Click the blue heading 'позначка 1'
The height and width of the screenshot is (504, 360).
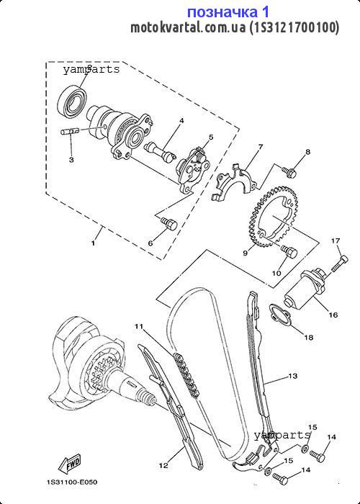point(228,12)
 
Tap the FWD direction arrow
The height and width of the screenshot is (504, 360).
point(69,464)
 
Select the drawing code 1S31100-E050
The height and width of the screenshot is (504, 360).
point(72,482)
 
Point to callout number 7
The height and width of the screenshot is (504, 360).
point(260,147)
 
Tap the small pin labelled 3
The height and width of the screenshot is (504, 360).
point(70,132)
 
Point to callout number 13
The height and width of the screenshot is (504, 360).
point(293,376)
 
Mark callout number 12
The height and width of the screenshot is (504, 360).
point(163,465)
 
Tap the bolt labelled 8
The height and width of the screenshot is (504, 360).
point(289,171)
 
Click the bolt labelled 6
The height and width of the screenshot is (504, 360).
point(168,223)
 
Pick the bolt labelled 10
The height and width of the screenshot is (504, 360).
point(289,251)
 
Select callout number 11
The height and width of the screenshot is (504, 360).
point(139,327)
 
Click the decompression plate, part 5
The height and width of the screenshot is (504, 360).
point(192,170)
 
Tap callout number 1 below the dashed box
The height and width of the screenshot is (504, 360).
point(93,243)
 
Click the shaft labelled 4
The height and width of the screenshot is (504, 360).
point(160,152)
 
